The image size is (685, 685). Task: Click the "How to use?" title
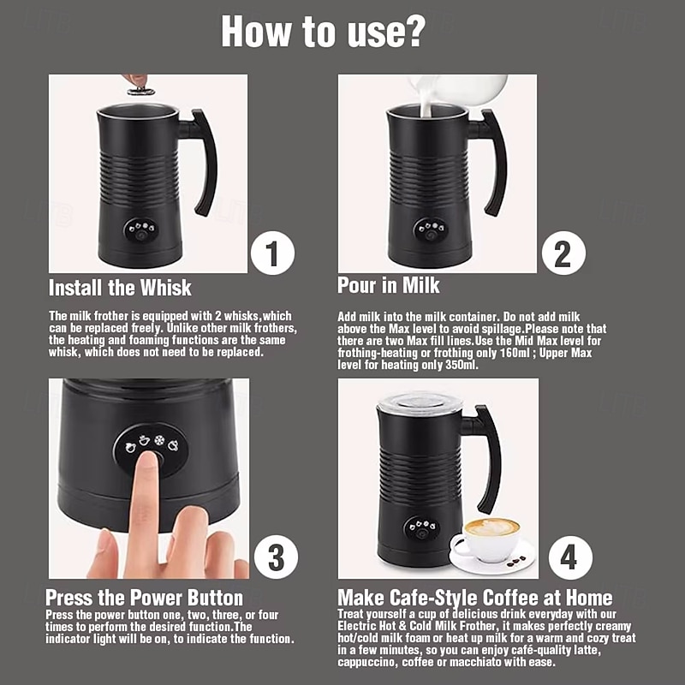click(323, 31)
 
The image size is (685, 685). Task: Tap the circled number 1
click(272, 253)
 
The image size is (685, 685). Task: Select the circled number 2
click(563, 253)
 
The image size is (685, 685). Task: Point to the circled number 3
click(276, 558)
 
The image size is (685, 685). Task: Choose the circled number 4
click(570, 558)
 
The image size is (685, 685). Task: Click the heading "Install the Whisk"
click(120, 288)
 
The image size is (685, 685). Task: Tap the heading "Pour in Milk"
click(389, 285)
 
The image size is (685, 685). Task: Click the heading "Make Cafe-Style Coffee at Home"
click(475, 597)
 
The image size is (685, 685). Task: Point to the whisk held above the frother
click(140, 91)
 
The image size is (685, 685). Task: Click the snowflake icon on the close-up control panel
click(159, 440)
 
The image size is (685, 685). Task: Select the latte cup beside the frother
click(491, 539)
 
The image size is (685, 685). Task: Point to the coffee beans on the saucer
click(516, 562)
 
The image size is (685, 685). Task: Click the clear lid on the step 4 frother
click(420, 402)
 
